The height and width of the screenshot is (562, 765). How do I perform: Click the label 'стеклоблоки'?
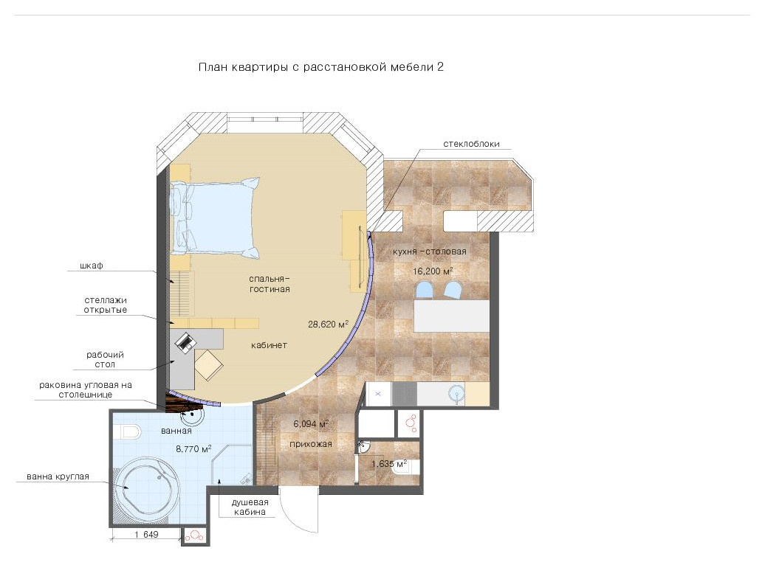click(x=471, y=144)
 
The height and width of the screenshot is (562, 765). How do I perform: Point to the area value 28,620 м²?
click(x=328, y=324)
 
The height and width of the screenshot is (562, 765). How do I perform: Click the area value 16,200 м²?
click(x=433, y=271)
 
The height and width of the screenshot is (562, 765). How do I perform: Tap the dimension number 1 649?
click(x=146, y=534)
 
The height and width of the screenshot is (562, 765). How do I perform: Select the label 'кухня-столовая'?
click(x=429, y=251)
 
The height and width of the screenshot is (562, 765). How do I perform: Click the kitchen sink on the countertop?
click(x=456, y=393)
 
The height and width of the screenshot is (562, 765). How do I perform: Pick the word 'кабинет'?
click(x=269, y=345)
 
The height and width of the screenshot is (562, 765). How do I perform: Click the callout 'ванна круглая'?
click(x=58, y=476)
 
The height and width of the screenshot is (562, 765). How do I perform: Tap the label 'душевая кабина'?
click(x=250, y=507)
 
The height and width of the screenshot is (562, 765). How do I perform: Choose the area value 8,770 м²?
click(x=193, y=448)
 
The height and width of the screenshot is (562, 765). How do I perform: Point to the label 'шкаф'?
click(x=92, y=266)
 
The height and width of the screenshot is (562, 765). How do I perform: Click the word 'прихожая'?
click(x=311, y=444)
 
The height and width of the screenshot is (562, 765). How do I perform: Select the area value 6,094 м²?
click(x=311, y=423)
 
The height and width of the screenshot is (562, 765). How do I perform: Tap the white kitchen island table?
click(x=451, y=316)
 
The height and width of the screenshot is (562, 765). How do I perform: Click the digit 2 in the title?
click(x=440, y=67)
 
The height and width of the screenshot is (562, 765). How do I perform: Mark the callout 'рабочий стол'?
click(x=105, y=359)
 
